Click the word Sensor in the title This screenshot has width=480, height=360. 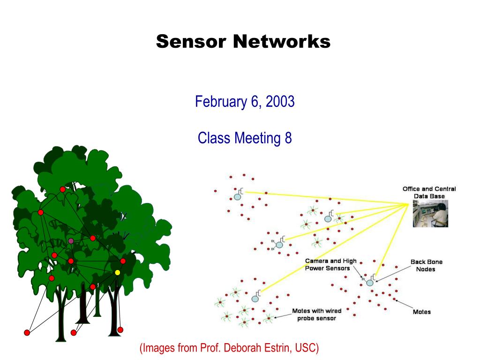click(x=192, y=42)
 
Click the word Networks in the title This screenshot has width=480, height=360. click(x=282, y=42)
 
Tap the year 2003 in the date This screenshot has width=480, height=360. click(x=280, y=101)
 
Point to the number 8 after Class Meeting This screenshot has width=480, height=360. click(x=288, y=138)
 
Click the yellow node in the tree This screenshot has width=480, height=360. click(x=117, y=272)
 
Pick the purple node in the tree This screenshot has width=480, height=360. click(x=71, y=241)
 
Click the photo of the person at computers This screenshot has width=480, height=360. click(x=430, y=214)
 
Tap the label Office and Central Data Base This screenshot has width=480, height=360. click(x=429, y=192)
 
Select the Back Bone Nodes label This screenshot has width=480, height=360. click(x=426, y=265)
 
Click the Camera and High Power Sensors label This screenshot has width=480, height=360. click(x=330, y=264)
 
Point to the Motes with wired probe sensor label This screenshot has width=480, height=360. click(x=316, y=315)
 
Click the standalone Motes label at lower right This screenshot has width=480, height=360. click(x=421, y=312)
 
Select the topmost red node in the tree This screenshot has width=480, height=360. click(x=62, y=189)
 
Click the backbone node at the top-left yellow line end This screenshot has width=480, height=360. click(x=238, y=196)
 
